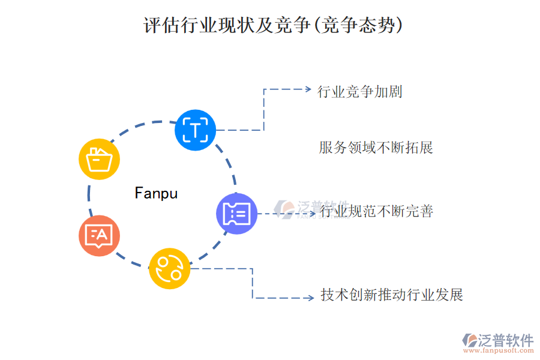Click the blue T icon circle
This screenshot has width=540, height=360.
[x=195, y=130]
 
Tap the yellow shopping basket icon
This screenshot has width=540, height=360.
[x=100, y=160]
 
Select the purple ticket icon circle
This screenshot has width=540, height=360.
[x=236, y=214]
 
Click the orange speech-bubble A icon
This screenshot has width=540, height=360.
[x=99, y=236]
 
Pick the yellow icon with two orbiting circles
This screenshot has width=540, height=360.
[x=170, y=268]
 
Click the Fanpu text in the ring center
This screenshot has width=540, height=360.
[x=156, y=193]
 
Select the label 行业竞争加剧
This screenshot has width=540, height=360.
[x=359, y=92]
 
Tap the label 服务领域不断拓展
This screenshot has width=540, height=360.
[x=376, y=148]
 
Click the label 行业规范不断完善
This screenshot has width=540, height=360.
[x=377, y=211]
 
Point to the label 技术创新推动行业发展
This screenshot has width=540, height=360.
[x=392, y=295]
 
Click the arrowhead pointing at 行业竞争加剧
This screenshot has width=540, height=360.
[x=308, y=89]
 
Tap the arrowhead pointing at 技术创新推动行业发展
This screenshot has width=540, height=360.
[x=310, y=298]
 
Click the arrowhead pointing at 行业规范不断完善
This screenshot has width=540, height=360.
[x=313, y=214]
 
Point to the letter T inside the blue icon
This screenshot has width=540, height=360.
[x=195, y=130]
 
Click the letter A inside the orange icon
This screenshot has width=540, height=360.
[x=102, y=235]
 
